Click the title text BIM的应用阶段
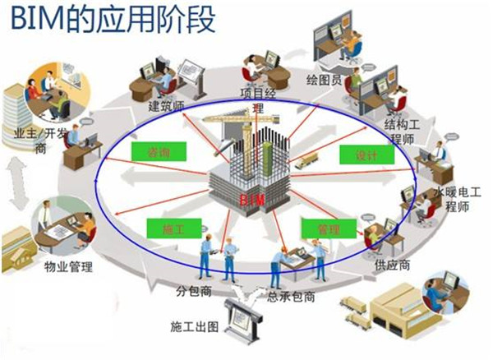click(x=110, y=18)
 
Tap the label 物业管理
click(x=68, y=267)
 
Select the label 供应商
click(x=393, y=266)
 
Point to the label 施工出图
click(x=195, y=326)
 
